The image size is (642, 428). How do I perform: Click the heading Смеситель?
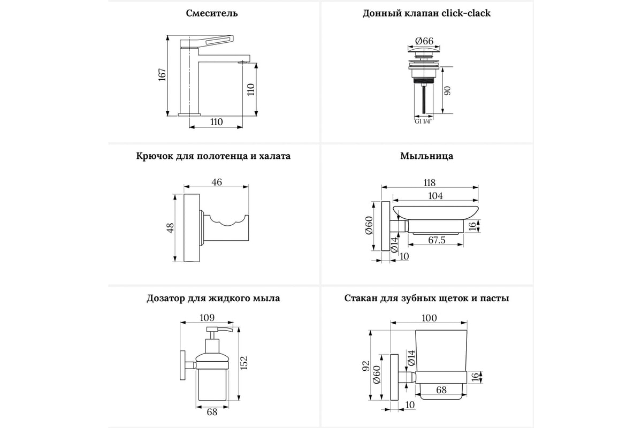pyautogui.click(x=212, y=13)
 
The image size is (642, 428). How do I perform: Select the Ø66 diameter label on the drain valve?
pyautogui.click(x=424, y=41)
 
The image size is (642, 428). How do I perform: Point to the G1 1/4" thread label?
pyautogui.click(x=423, y=121)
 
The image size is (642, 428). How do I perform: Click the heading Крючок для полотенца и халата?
pyautogui.click(x=213, y=156)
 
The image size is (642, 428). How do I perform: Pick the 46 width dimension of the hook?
pyautogui.click(x=216, y=182)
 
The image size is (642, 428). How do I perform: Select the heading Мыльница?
pyautogui.click(x=426, y=156)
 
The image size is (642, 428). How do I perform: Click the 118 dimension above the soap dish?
pyautogui.click(x=430, y=182)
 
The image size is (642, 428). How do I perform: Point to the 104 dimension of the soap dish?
pyautogui.click(x=436, y=196)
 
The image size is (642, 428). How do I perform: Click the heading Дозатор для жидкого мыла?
pyautogui.click(x=213, y=298)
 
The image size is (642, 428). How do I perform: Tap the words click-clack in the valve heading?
pyautogui.click(x=466, y=13)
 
